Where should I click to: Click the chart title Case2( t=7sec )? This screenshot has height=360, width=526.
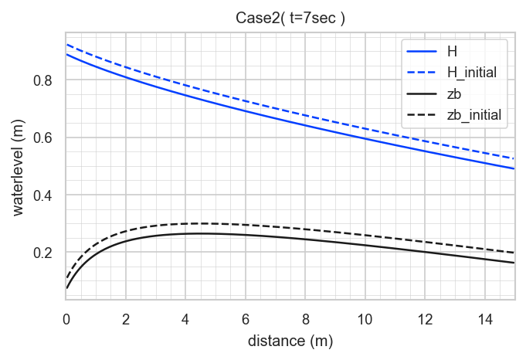(x=290, y=18)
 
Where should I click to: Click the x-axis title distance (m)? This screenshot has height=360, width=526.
(x=290, y=341)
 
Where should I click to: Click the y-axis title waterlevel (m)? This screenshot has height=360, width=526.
(x=19, y=168)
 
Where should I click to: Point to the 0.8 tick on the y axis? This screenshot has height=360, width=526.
(x=42, y=80)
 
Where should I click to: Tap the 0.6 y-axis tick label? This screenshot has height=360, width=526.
(x=42, y=138)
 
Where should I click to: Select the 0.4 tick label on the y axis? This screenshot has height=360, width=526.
(x=42, y=195)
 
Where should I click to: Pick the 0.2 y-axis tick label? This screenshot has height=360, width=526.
(x=42, y=253)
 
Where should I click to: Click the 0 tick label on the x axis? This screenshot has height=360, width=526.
(x=66, y=319)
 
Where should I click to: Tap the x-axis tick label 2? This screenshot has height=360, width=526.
(x=126, y=319)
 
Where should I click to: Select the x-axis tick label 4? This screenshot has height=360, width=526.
(x=185, y=319)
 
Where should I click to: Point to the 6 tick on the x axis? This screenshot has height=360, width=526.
(x=245, y=319)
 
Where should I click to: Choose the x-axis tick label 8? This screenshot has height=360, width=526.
(x=305, y=319)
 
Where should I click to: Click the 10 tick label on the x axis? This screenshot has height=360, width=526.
(x=365, y=319)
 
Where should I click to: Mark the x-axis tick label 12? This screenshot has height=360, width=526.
(x=425, y=319)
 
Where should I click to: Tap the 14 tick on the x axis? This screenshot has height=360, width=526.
(x=484, y=319)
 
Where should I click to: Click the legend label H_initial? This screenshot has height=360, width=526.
(x=472, y=73)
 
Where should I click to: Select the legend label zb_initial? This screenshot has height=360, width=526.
(x=474, y=115)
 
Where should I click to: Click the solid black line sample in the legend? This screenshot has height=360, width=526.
(x=422, y=94)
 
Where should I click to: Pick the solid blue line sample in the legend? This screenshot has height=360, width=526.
(x=422, y=51)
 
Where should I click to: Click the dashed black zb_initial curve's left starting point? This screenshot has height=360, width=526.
(x=66, y=277)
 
